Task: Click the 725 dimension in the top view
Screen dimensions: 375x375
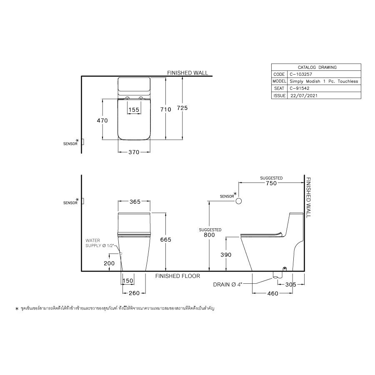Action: tap(182, 108)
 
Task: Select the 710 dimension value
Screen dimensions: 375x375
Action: tap(166, 109)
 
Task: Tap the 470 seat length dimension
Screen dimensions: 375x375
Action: tap(102, 120)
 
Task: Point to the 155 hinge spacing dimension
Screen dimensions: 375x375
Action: tap(134, 110)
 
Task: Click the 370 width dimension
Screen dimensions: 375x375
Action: tap(133, 152)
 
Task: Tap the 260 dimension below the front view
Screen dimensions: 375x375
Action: tap(133, 293)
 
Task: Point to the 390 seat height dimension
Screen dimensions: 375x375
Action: tap(226, 255)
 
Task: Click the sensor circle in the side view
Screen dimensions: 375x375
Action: tap(239, 201)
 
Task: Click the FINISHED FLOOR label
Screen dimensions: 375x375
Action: tap(177, 276)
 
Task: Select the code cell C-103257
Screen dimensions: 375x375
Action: tap(300, 74)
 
